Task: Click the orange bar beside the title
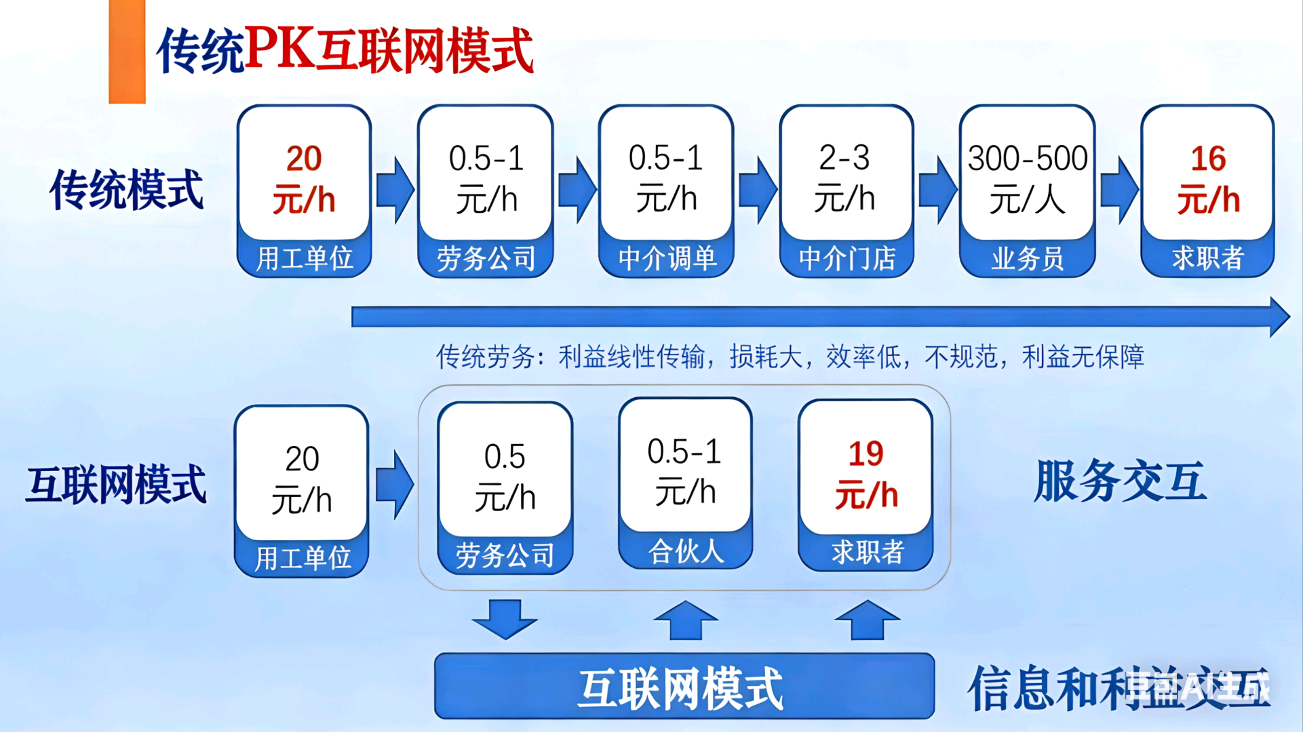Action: (127, 52)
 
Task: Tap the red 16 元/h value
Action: (1208, 179)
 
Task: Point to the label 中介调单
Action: (667, 258)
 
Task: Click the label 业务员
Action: (1027, 259)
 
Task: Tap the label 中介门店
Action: (847, 259)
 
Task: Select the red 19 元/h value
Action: (866, 474)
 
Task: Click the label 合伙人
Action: (686, 551)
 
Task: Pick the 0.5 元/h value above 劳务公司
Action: (505, 477)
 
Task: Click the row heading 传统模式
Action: (126, 190)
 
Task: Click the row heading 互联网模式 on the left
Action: (115, 485)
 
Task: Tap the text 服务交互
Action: (1119, 481)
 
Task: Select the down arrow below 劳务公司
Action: (505, 618)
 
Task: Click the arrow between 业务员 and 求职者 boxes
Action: (1119, 190)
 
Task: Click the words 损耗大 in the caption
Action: (766, 357)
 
